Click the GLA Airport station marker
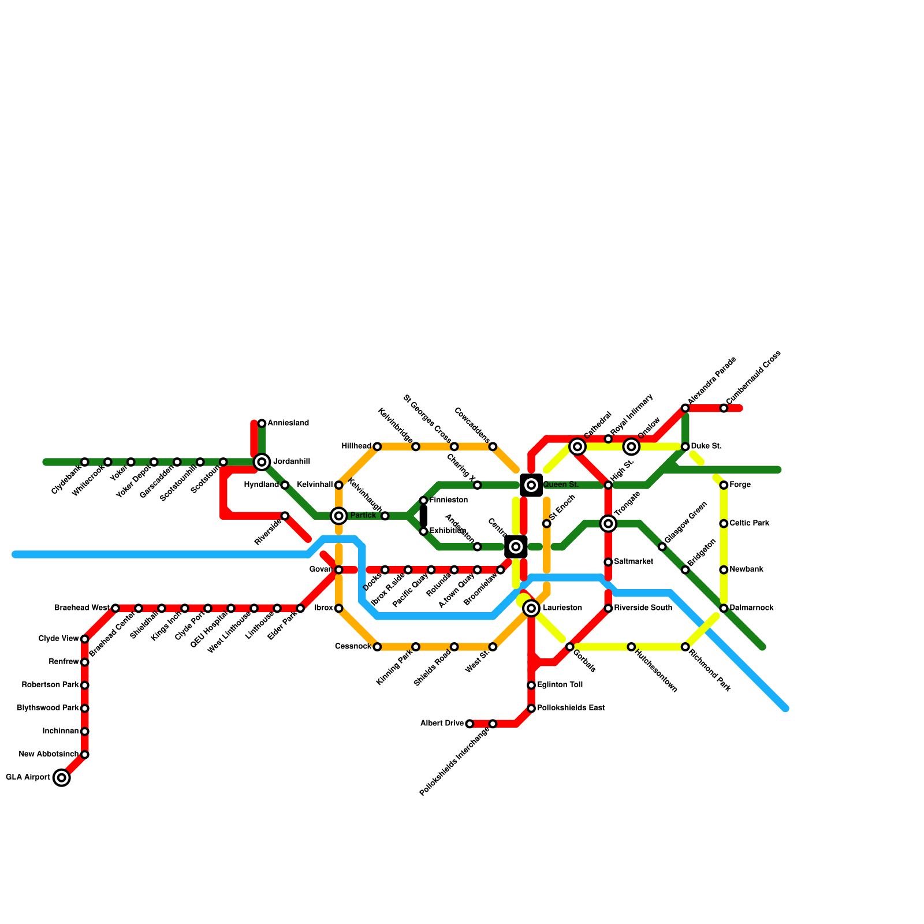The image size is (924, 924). point(62,778)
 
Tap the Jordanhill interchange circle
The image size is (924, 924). point(262,462)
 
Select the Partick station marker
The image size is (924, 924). point(339,516)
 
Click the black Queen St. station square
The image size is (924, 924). point(531,485)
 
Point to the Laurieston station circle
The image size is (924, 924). point(531,608)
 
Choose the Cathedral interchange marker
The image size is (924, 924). point(577,446)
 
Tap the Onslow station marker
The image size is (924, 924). point(631,446)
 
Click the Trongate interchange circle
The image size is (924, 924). point(608,524)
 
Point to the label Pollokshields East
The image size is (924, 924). point(571,708)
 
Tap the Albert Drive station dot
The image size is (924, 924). point(470,724)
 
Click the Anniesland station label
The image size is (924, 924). point(288,423)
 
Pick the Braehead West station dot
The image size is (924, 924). point(115,608)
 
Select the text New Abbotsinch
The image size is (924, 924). point(49,754)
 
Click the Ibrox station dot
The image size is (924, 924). point(339,608)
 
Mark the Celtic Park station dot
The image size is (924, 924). point(724,524)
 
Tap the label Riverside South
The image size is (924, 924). point(643,608)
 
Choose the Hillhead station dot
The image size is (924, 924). point(377,446)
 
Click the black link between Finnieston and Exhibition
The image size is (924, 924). point(423,516)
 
